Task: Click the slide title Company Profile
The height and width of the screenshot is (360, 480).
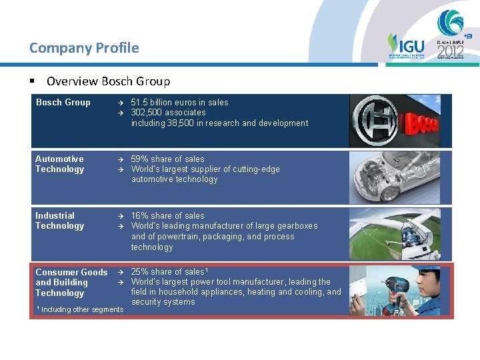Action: coord(84,48)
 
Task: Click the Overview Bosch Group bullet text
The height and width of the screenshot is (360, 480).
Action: coord(108,81)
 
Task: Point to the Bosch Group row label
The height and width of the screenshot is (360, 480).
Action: coord(63,103)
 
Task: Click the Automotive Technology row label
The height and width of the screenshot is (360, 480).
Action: coord(59,164)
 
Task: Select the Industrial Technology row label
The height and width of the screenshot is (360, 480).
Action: coord(59,221)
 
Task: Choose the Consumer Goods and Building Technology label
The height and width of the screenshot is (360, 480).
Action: coord(71,283)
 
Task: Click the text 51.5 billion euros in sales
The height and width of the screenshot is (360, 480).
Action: coord(179,103)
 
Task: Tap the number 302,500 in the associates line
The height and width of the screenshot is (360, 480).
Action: coord(148,113)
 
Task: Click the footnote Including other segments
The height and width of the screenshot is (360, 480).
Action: coord(81,309)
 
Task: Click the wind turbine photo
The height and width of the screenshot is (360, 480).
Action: coord(400,233)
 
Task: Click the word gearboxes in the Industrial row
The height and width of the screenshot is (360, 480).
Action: coord(297,226)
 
